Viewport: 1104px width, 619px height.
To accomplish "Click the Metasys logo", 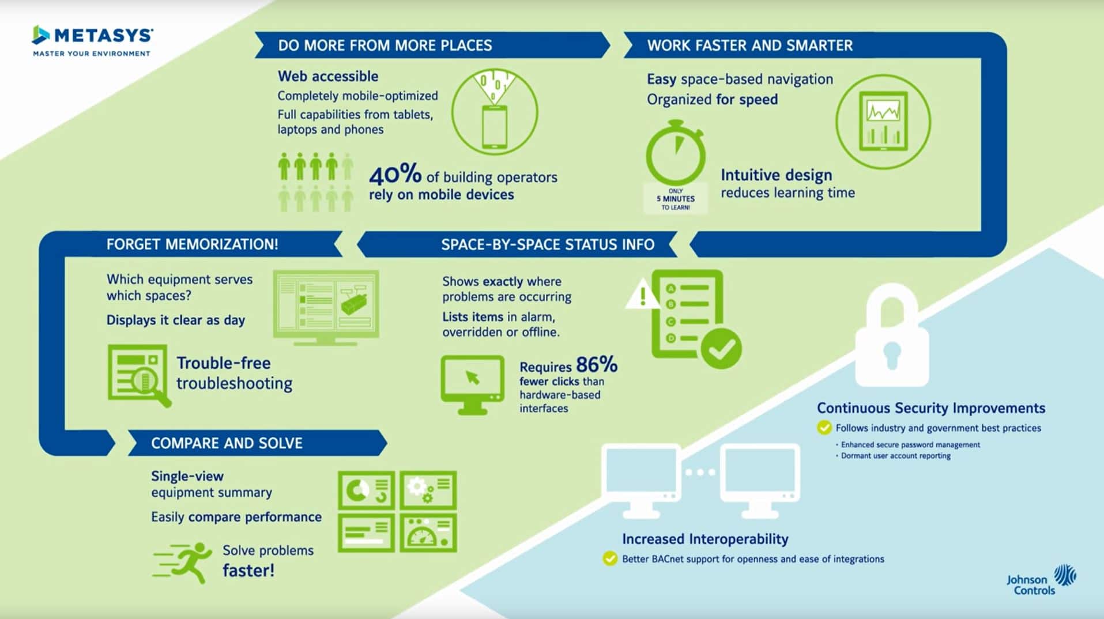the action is click(x=92, y=40).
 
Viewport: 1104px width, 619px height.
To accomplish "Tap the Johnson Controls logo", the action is click(x=1041, y=580).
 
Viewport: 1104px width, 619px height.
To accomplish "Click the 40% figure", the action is click(x=395, y=174).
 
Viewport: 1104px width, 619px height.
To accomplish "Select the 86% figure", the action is click(x=596, y=364).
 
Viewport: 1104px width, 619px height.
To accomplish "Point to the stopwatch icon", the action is click(x=675, y=153).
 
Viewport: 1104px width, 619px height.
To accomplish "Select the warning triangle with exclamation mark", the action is click(x=642, y=295).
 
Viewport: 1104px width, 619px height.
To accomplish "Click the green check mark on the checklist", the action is click(x=721, y=348).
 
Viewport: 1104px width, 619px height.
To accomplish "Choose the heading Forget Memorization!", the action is click(x=192, y=244).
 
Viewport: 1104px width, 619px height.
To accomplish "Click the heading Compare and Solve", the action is click(x=227, y=443).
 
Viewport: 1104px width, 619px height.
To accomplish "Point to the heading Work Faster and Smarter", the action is click(x=749, y=46).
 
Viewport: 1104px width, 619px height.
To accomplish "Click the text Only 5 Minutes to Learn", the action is click(x=675, y=199).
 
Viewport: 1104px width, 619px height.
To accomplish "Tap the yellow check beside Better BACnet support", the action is click(x=610, y=558).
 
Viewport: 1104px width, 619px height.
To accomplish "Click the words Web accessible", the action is click(x=328, y=76).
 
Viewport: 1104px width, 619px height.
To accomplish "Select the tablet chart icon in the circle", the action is click(x=883, y=121).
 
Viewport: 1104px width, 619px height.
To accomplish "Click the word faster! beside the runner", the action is click(x=248, y=571).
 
